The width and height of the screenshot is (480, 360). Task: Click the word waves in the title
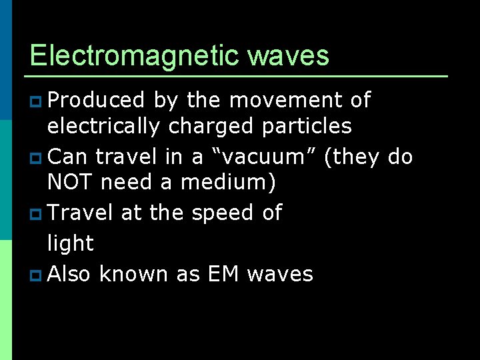coord(288,55)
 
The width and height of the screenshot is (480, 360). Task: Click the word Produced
coord(97,101)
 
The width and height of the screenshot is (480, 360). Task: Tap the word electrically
coord(103,126)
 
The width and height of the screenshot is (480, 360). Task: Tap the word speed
coord(222,213)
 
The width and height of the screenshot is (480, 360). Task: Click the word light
coord(71,243)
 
